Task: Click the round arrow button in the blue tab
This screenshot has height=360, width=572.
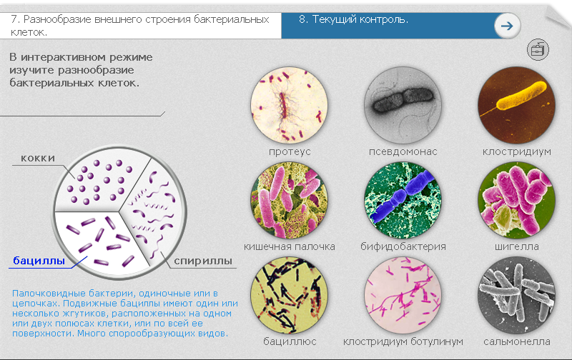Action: pos(507,26)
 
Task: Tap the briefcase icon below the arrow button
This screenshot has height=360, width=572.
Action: pos(538,49)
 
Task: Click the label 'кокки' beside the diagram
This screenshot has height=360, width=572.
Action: pos(38,158)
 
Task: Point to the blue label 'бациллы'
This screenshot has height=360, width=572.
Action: pos(39,261)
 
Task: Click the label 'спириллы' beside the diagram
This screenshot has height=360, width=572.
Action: pos(203,261)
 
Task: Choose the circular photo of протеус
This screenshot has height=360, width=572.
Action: pos(289,105)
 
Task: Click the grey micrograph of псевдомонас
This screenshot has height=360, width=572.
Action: pos(403,105)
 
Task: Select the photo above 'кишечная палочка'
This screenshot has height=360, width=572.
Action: pos(289,200)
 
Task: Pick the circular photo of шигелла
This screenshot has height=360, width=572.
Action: pos(516,200)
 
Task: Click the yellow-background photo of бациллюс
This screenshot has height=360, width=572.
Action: pos(289,295)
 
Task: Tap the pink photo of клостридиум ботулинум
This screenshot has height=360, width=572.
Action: pos(403,295)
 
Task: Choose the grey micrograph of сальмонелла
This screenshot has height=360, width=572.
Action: pos(516,295)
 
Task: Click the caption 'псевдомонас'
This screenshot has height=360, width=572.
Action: pos(403,151)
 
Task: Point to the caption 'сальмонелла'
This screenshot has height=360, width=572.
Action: pos(516,341)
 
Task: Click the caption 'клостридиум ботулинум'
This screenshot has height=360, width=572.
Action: pos(403,341)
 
